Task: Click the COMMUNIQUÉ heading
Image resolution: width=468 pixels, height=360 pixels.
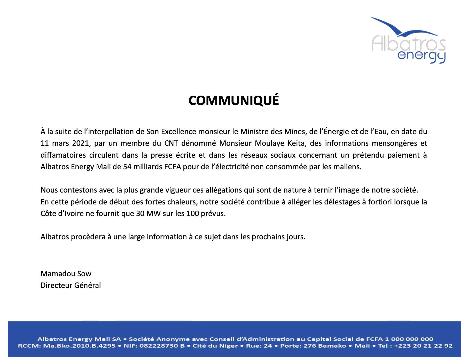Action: (233, 101)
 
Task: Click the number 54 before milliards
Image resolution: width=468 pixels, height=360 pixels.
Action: (127, 167)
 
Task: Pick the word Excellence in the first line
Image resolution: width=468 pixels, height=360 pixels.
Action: (178, 132)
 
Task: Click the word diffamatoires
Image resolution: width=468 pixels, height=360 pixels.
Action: (63, 155)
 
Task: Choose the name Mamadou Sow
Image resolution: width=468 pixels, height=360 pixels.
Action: (66, 274)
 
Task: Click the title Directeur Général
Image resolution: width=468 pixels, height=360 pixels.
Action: (71, 286)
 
